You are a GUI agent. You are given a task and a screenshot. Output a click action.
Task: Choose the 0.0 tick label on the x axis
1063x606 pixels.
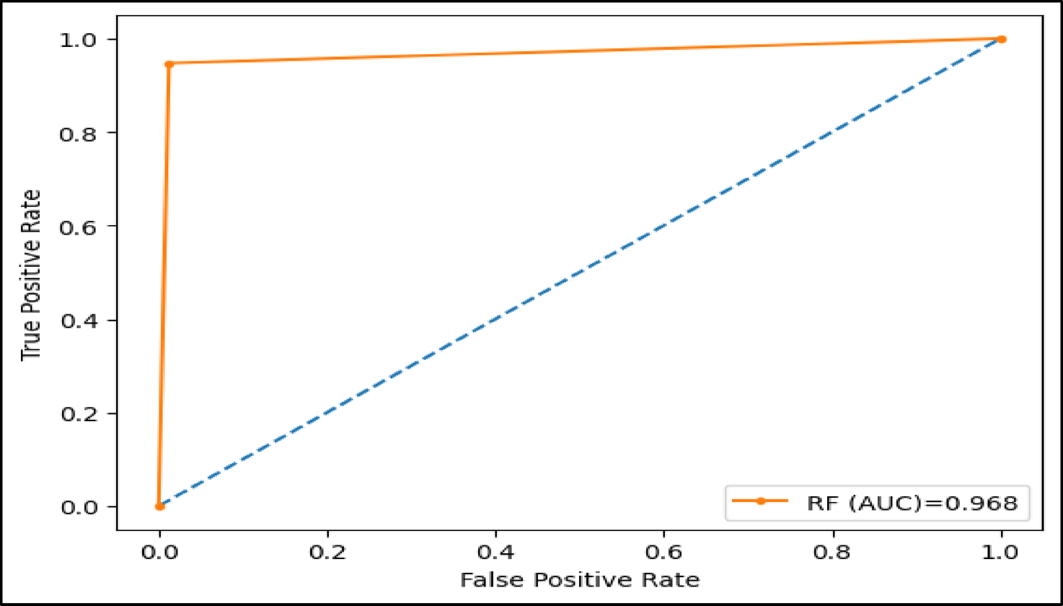(159, 553)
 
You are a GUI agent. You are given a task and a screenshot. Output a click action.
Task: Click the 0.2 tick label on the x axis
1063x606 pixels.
(328, 553)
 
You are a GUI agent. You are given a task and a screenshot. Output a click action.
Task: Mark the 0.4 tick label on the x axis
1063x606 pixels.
(496, 553)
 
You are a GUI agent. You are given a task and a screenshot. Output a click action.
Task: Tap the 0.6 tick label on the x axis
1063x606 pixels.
(665, 553)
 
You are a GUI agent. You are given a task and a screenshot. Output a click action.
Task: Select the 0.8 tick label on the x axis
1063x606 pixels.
(833, 553)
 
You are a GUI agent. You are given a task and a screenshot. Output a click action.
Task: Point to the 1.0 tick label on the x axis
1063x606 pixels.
(1002, 553)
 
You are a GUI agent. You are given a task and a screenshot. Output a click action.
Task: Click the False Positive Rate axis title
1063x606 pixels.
(580, 579)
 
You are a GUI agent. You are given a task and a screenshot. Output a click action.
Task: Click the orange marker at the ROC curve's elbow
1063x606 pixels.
(169, 63)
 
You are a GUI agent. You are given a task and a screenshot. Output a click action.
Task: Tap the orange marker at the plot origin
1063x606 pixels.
(160, 506)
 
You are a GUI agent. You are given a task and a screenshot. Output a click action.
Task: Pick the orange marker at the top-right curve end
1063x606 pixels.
(1002, 39)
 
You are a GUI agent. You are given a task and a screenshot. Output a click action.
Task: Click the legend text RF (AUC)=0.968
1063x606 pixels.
(912, 504)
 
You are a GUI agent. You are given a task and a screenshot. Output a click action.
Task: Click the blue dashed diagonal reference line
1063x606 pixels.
(581, 273)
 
